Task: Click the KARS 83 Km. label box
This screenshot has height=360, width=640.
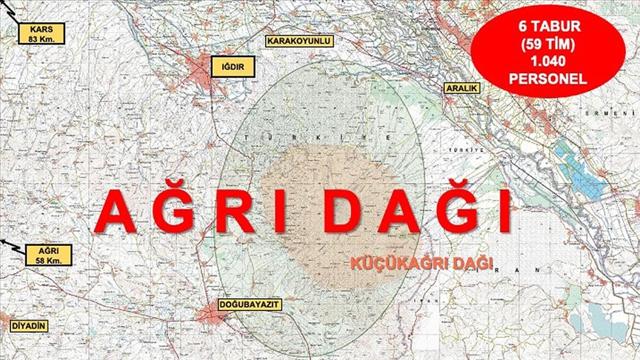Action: [43, 33]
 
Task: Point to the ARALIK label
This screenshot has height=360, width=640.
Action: [461, 88]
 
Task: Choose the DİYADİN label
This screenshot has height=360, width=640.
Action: [29, 325]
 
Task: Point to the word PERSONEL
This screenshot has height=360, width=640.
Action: [548, 77]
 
